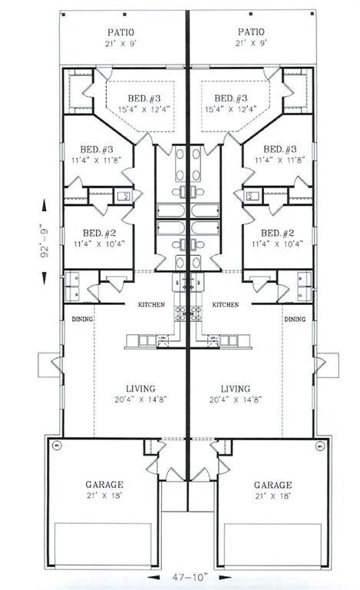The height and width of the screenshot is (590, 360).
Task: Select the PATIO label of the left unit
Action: (x=121, y=31)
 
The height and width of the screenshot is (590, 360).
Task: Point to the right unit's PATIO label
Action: (x=251, y=31)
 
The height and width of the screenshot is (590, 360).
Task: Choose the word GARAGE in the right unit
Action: (x=272, y=485)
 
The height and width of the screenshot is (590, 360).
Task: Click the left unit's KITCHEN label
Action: (x=151, y=305)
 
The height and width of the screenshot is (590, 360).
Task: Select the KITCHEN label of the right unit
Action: (x=225, y=305)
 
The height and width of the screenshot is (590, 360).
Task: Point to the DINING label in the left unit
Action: (x=81, y=319)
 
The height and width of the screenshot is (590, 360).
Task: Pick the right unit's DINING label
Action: (x=294, y=319)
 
